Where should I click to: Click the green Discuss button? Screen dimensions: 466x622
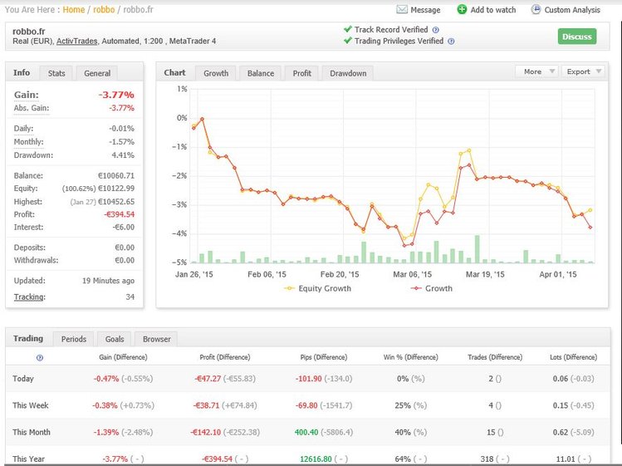pos(576,37)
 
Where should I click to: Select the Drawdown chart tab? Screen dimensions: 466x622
pos(348,73)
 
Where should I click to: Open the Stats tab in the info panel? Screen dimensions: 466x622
pos(56,73)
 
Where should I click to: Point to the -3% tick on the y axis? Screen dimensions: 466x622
pos(181,205)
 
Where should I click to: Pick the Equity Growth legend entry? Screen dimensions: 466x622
pos(316,288)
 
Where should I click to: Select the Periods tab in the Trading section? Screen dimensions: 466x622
pos(73,339)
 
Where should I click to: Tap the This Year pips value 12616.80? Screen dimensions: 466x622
pos(312,459)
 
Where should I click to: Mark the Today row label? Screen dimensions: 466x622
pos(24,379)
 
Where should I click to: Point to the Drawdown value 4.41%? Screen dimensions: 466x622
pos(122,155)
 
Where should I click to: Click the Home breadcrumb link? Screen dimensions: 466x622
pos(73,10)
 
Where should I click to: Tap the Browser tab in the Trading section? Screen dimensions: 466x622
pos(156,339)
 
